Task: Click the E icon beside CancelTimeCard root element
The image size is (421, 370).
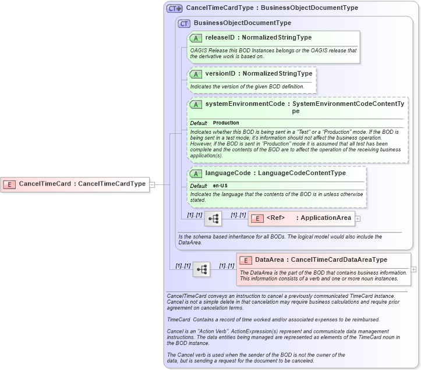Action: point(10,184)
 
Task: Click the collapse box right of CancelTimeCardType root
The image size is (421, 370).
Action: point(152,184)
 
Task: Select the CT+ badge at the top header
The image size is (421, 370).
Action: point(175,8)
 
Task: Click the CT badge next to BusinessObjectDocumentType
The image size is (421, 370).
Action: point(185,23)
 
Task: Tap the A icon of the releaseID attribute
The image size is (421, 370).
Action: point(196,38)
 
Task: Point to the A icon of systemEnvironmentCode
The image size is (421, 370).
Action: point(196,105)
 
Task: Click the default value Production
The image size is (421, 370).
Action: point(226,123)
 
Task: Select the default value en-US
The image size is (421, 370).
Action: point(220,186)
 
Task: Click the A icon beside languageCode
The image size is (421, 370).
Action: point(196,173)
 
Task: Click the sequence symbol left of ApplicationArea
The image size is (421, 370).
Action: point(213,219)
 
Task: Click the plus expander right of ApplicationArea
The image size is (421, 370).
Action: point(358,219)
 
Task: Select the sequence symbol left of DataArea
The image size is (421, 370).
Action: point(201,269)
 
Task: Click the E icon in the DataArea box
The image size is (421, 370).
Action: point(246,260)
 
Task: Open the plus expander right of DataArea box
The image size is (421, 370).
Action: point(413,269)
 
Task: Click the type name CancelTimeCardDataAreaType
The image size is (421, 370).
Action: point(338,260)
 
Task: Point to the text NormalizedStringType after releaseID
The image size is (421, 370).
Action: point(277,38)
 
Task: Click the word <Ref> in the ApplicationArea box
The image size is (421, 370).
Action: point(275,218)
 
